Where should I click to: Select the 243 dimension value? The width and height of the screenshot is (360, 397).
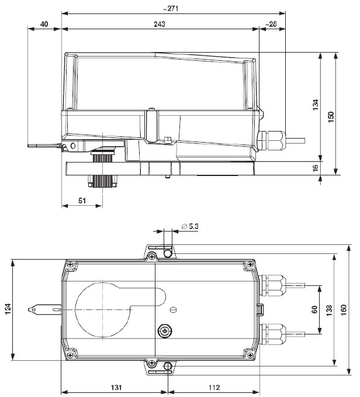coord(160,24)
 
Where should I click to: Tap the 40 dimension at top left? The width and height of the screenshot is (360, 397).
coord(44,24)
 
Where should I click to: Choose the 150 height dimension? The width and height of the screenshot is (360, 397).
coord(331,115)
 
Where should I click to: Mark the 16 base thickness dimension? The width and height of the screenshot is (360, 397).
coord(316,167)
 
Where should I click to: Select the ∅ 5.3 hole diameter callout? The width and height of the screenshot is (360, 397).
coord(191,226)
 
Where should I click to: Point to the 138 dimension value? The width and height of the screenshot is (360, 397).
coord(330,308)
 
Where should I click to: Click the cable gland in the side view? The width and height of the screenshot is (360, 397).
coord(272,139)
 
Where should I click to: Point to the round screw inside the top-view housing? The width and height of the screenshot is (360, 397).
coord(166,331)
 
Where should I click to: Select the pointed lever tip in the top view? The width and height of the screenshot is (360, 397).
coord(36,308)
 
